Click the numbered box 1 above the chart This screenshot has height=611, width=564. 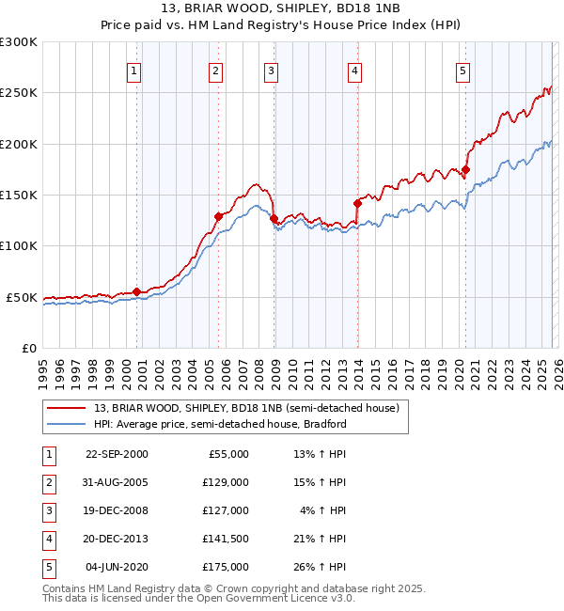tap(133, 70)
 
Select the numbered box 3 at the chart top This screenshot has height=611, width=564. tap(271, 70)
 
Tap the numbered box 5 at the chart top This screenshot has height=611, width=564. tap(463, 70)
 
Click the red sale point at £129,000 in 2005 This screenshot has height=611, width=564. tap(218, 216)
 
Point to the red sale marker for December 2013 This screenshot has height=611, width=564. tap(357, 203)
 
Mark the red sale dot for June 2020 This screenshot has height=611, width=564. tap(465, 169)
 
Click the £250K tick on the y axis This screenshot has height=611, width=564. tap(19, 93)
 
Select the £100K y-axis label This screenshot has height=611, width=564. tap(19, 245)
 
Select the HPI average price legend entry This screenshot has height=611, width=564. tap(220, 424)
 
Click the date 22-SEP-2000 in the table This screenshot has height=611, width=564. tap(117, 454)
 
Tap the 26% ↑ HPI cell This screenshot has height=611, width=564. tap(321, 567)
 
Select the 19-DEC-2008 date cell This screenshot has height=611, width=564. tap(117, 510)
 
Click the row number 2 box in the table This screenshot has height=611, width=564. tap(49, 482)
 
